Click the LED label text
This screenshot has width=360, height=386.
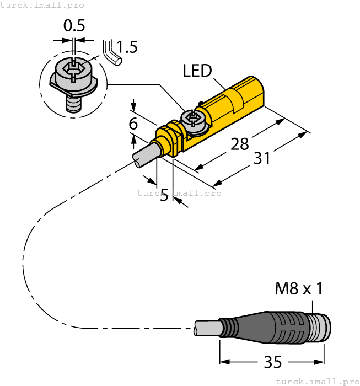tap(197, 71)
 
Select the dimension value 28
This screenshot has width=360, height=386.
tap(239, 144)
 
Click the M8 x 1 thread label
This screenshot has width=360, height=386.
tap(299, 288)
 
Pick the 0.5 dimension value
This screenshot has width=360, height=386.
tap(74, 26)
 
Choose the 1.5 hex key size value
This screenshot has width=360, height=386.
tap(127, 47)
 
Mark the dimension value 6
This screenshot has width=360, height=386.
tap(133, 124)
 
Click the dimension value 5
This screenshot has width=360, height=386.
tap(164, 195)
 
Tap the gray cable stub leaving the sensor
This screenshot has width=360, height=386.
tap(145, 153)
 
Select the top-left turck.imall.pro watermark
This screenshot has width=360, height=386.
tap(42, 5)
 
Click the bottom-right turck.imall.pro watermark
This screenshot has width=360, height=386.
tap(317, 381)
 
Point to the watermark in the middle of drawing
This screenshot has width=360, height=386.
tap(179, 193)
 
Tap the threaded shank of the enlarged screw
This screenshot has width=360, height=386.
tap(72, 103)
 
